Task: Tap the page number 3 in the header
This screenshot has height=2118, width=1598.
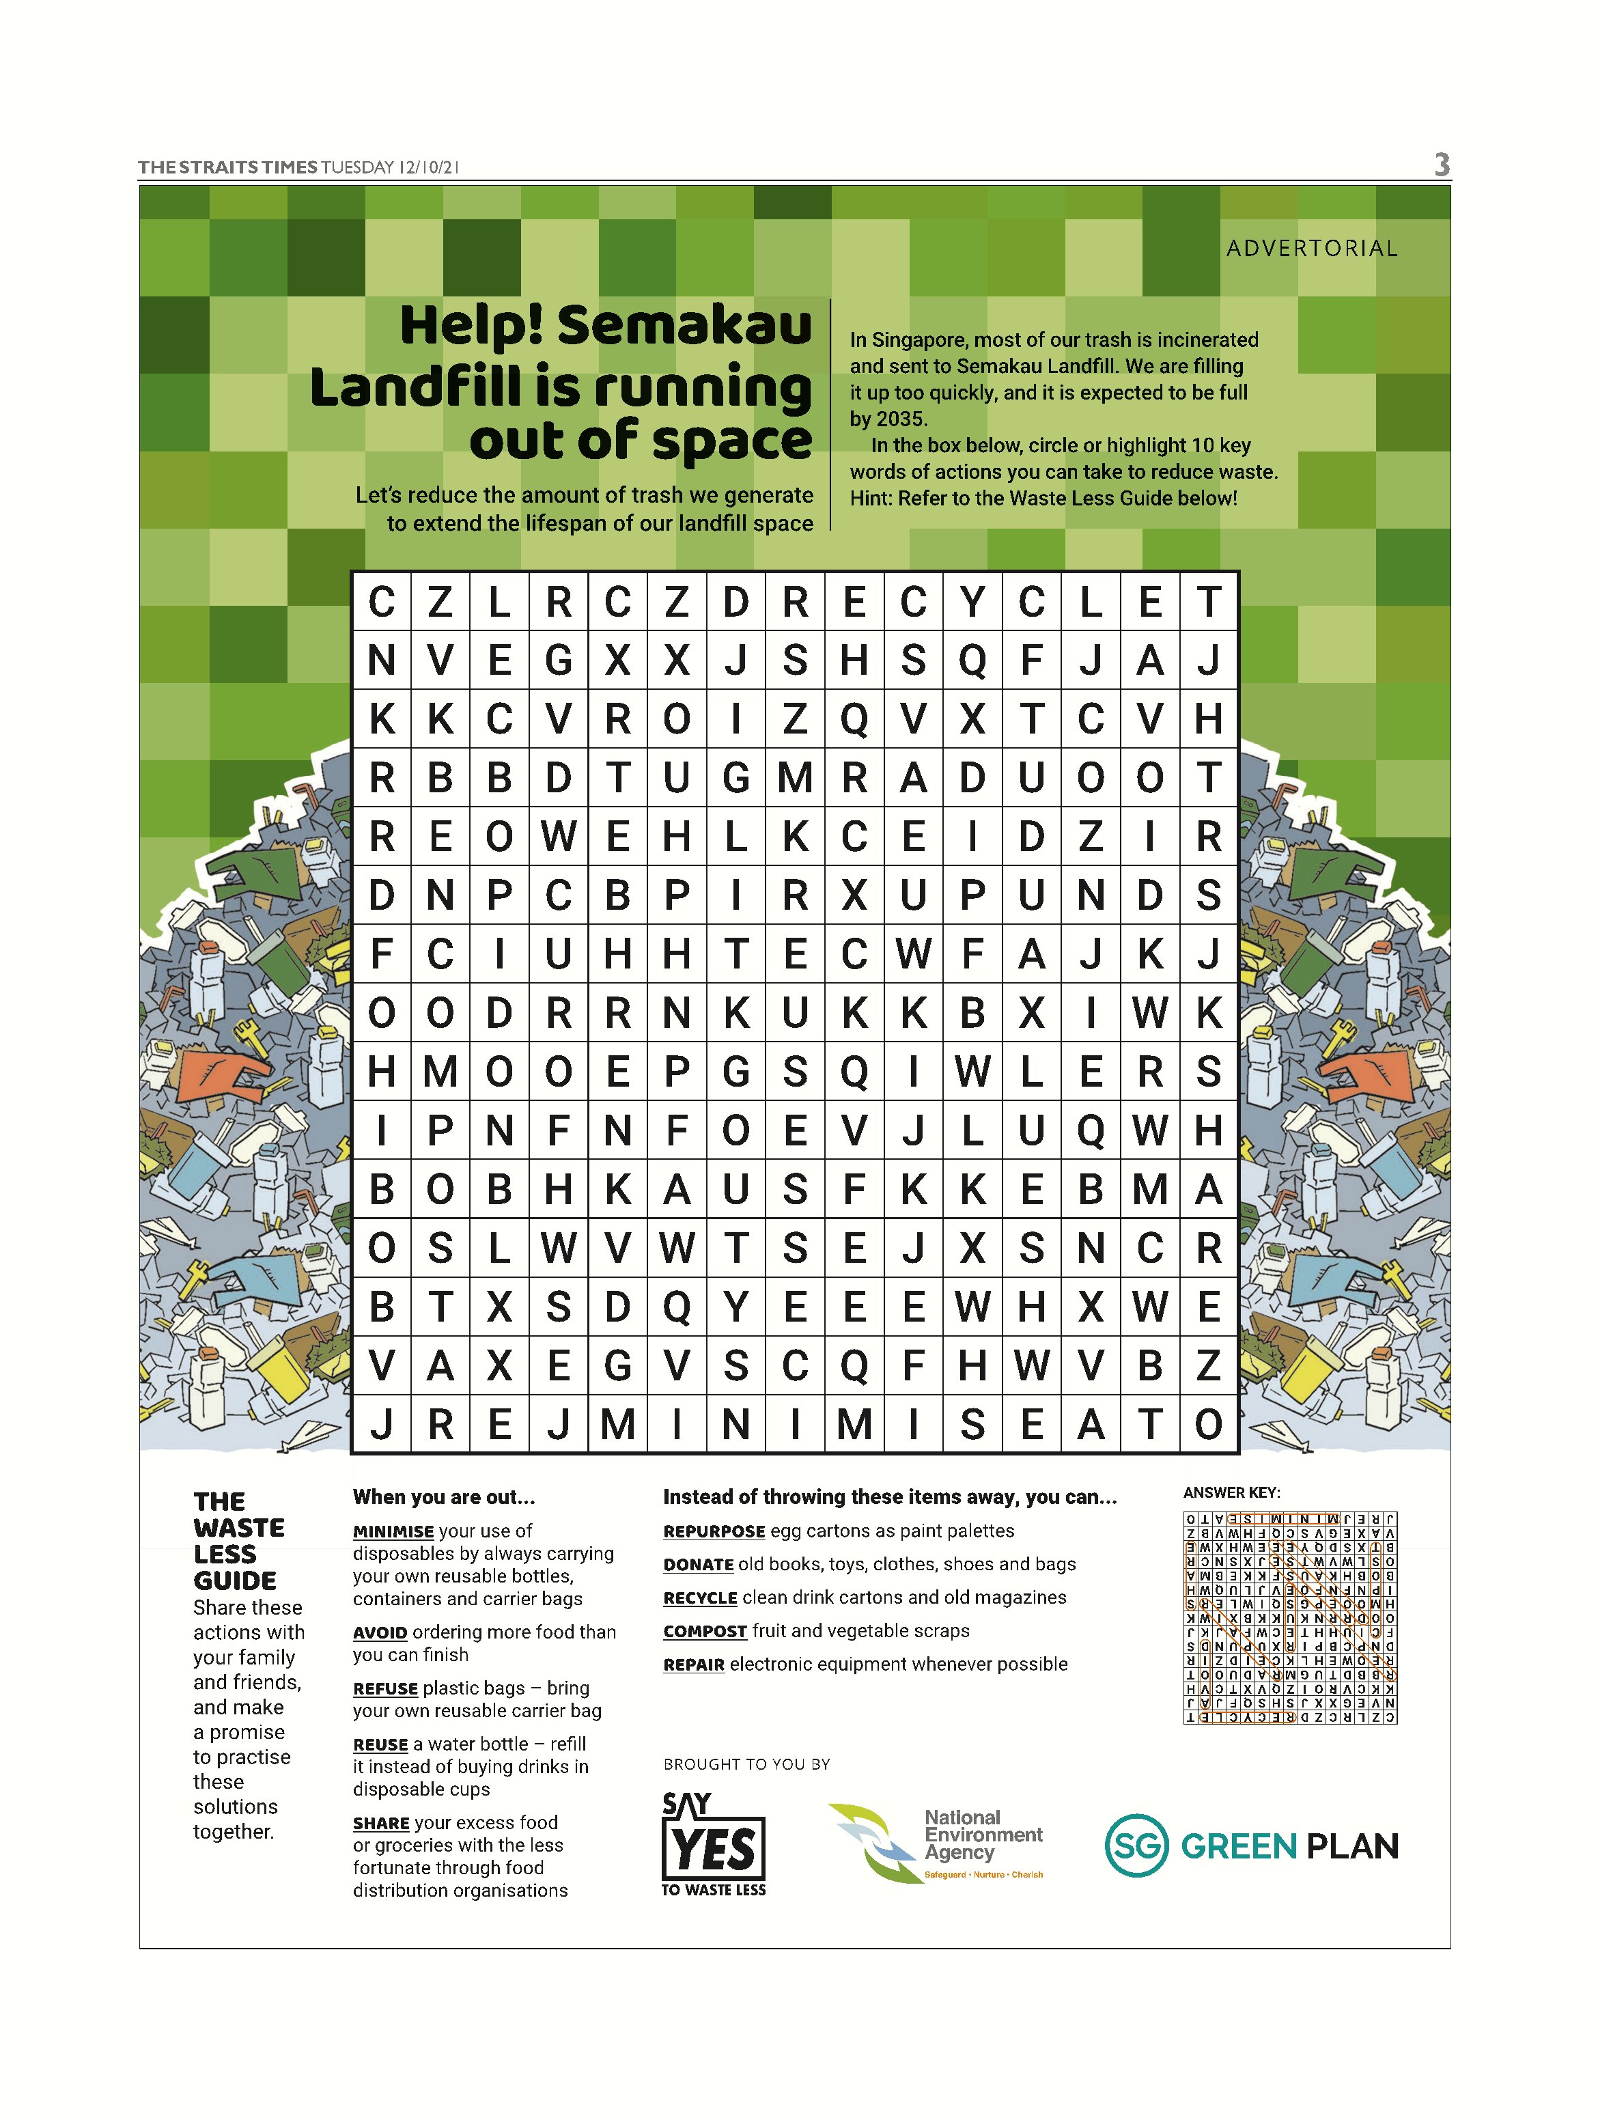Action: pos(1441,166)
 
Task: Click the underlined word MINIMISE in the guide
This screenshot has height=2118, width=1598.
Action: pos(393,1532)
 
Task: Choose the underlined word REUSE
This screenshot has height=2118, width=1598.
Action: pos(380,1744)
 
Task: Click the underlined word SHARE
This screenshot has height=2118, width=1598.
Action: pos(380,1823)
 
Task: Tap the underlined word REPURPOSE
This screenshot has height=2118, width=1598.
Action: pos(714,1532)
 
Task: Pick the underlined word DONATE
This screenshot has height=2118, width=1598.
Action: pos(698,1565)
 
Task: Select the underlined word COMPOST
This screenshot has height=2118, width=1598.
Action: pos(705,1632)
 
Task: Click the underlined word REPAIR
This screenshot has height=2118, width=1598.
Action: pos(693,1665)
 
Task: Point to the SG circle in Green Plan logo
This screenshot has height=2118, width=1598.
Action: pos(1136,1845)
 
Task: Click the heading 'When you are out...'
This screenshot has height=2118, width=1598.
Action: pos(443,1496)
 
